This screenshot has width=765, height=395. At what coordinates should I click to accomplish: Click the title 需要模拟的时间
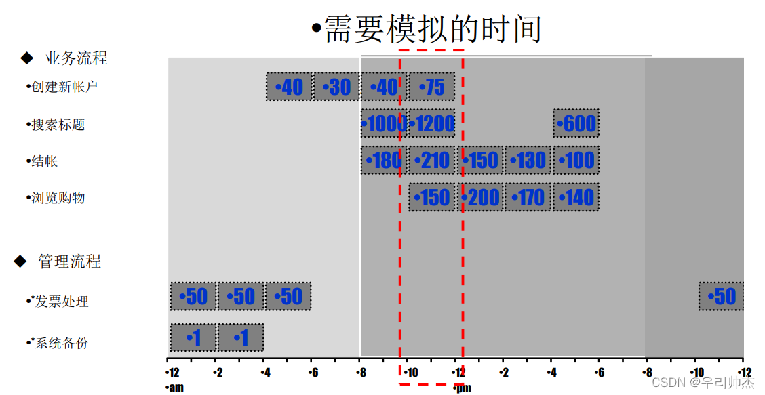427,29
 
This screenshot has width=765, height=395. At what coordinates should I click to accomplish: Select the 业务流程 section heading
76,58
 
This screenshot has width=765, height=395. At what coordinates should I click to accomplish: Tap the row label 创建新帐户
63,87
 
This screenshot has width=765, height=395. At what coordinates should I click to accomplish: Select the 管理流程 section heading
69,262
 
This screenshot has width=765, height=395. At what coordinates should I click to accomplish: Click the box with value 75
432,87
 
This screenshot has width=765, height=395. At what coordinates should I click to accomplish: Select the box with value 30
336,87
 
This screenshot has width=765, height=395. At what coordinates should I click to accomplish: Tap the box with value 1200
432,123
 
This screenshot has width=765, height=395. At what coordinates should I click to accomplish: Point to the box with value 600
576,123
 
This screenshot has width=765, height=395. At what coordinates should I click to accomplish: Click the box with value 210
432,161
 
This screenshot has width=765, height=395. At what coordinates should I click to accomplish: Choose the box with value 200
481,197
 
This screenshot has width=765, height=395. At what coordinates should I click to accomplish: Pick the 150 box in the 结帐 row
481,161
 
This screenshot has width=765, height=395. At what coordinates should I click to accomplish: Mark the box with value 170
528,197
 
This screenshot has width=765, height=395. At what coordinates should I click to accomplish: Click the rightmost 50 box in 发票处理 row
722,296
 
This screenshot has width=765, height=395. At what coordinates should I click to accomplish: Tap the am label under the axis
175,388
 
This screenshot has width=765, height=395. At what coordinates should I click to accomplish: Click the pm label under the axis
463,388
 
